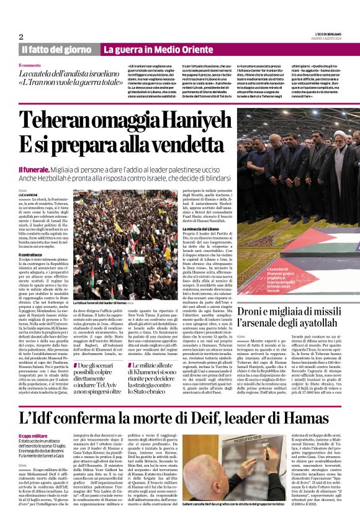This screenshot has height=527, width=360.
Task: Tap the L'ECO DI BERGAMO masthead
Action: (326, 34)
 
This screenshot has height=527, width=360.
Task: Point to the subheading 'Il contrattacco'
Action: (34, 254)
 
